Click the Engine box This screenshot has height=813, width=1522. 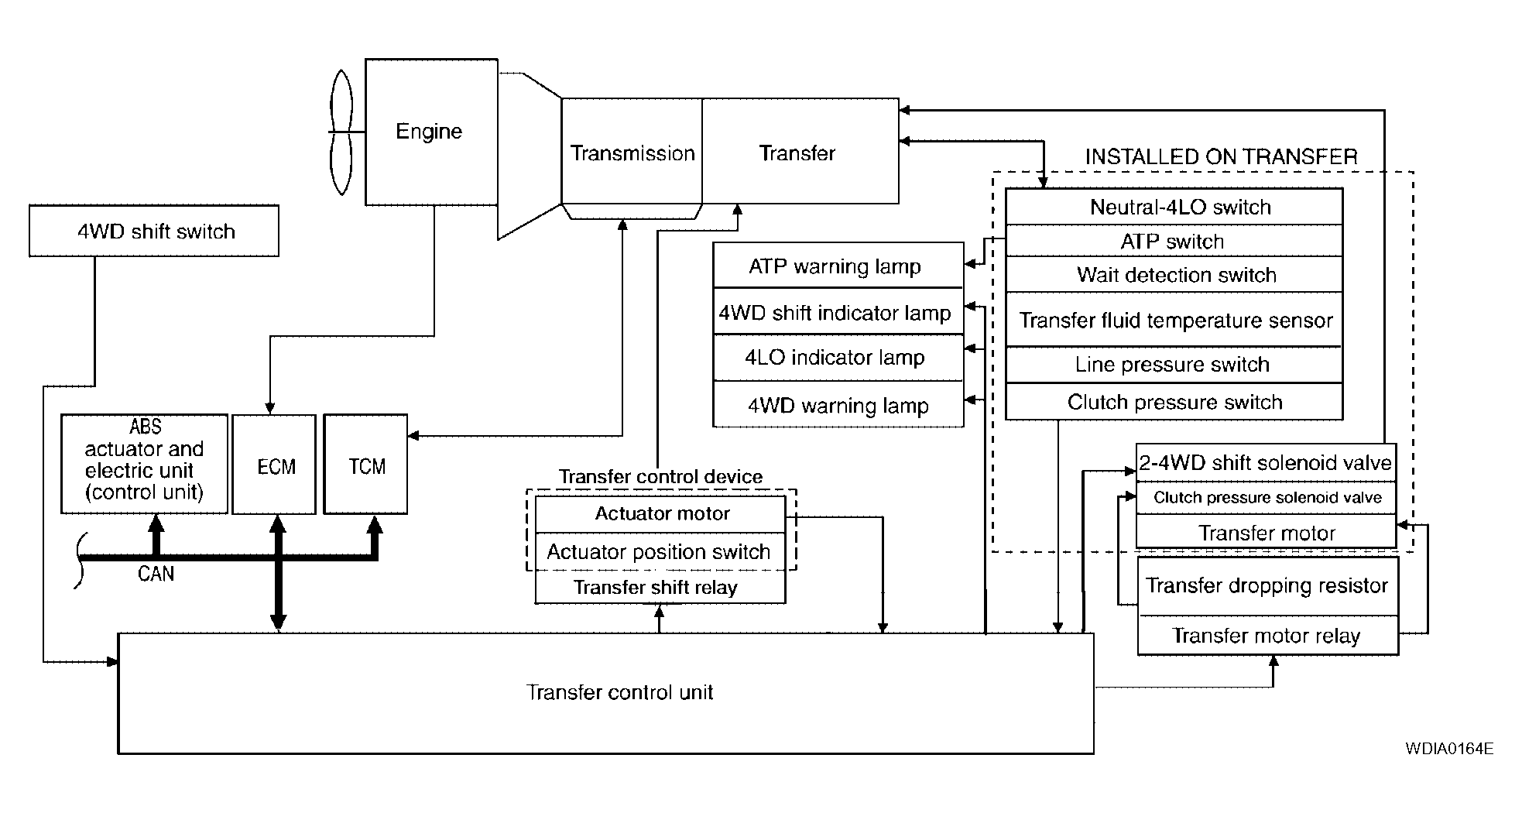(x=430, y=132)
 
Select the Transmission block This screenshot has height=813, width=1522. (x=632, y=153)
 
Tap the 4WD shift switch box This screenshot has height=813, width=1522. (x=154, y=231)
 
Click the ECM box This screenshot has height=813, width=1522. (x=275, y=465)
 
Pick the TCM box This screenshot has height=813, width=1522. (x=366, y=465)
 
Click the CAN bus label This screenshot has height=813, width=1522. (x=156, y=574)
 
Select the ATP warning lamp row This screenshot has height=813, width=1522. (x=837, y=266)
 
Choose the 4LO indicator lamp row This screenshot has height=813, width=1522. (x=837, y=358)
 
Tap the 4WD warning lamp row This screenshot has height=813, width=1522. (x=837, y=405)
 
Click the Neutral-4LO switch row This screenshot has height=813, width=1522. (x=1174, y=208)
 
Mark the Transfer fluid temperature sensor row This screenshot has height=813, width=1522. (x=1174, y=320)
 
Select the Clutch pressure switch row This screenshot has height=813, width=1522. (x=1174, y=402)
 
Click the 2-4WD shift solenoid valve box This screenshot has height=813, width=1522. (x=1265, y=463)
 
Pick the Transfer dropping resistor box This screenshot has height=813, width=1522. (x=1267, y=586)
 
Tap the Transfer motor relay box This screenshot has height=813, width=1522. (x=1267, y=636)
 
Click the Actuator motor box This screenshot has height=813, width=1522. (x=661, y=514)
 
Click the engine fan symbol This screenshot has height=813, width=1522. (x=341, y=132)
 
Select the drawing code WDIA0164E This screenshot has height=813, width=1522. (x=1449, y=749)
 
